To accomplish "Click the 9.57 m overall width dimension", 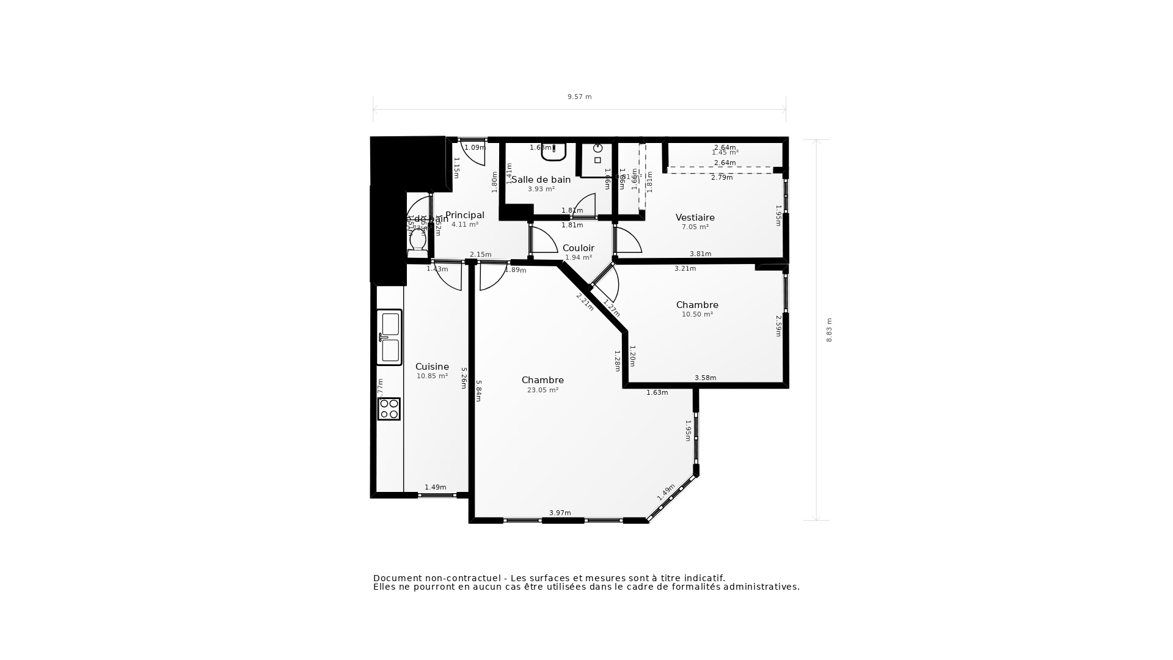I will [x=579, y=97].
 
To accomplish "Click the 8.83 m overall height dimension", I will [x=829, y=330].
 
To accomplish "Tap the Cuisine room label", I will [x=432, y=367].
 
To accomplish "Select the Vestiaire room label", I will [x=695, y=218].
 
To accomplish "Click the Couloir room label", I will [x=578, y=248].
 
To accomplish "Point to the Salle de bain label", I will [x=541, y=180].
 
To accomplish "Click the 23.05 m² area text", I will [x=543, y=390].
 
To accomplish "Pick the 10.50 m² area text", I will [x=697, y=314].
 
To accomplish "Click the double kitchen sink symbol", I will [x=389, y=337].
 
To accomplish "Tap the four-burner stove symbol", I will [x=389, y=409].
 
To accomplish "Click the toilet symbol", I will [x=418, y=240].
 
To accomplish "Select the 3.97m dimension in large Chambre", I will [x=560, y=513].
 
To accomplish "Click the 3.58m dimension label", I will [x=705, y=378].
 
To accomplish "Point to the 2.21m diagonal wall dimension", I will [x=585, y=301].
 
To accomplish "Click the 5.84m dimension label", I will [x=478, y=391].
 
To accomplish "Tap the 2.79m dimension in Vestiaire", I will [x=722, y=177].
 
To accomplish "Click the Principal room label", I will [x=464, y=215].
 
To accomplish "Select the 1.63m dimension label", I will [x=657, y=392].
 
